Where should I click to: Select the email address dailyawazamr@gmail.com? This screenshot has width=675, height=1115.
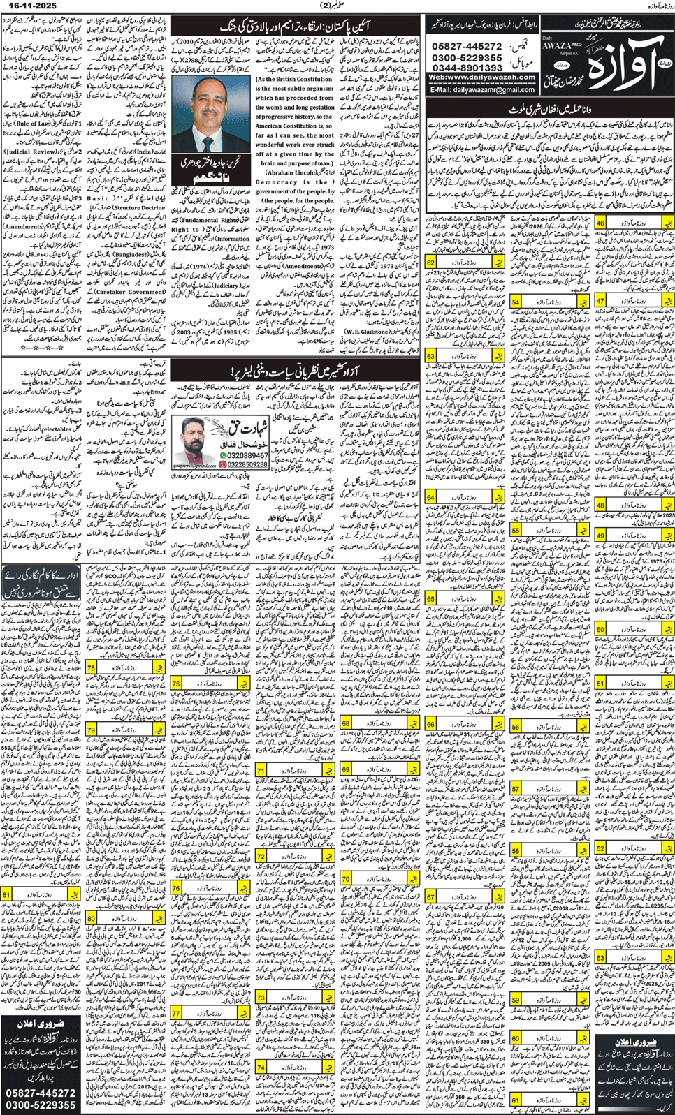pos(492,89)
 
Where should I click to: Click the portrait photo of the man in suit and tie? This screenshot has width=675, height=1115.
pos(207,115)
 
